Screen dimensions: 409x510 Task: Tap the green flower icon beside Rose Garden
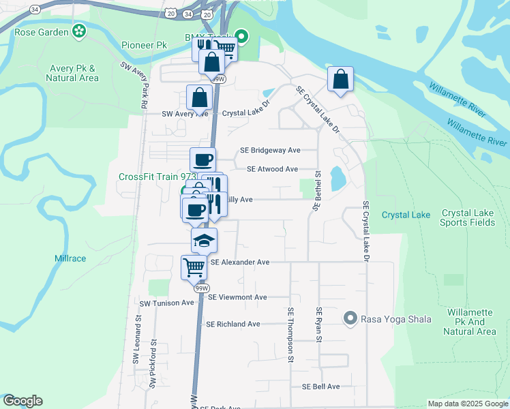(x=80, y=31)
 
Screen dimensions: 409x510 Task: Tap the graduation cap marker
(x=204, y=241)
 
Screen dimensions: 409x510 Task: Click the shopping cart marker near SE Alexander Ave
(x=194, y=267)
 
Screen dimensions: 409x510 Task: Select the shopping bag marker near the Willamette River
(x=340, y=79)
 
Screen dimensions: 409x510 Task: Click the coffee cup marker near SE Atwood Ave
(x=202, y=160)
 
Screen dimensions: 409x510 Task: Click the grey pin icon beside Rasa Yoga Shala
(x=350, y=318)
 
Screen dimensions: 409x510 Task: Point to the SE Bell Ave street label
(x=320, y=387)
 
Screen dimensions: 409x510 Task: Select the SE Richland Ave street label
(x=233, y=324)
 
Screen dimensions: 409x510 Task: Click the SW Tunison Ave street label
(x=167, y=303)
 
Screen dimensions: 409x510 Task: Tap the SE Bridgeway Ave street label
(x=270, y=150)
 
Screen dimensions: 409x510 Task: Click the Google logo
(x=22, y=401)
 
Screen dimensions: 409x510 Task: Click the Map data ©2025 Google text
(x=467, y=404)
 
